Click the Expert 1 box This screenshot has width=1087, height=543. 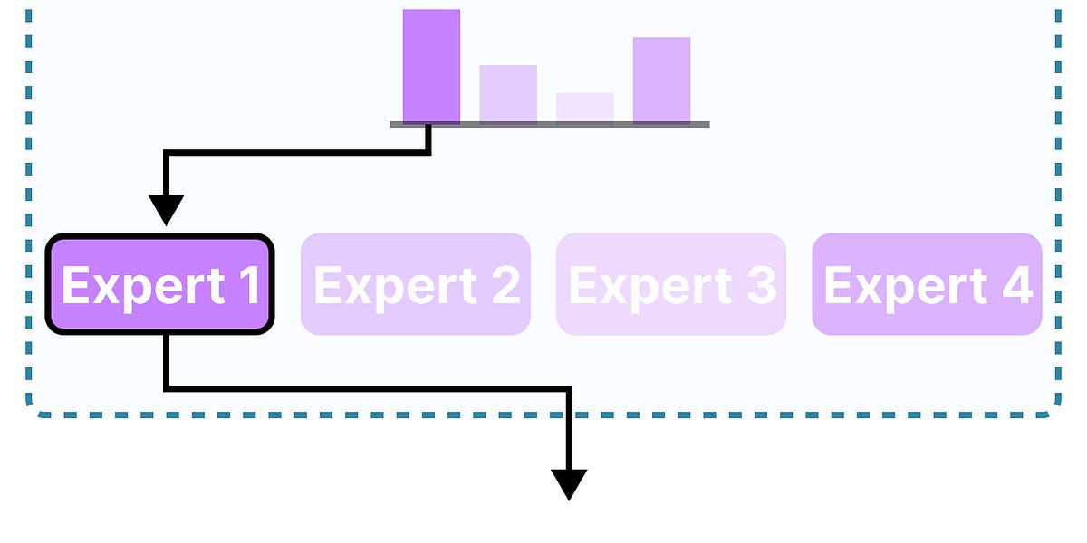pyautogui.click(x=159, y=284)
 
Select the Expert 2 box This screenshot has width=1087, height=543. pyautogui.click(x=415, y=284)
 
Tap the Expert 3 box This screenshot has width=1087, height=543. pyautogui.click(x=670, y=284)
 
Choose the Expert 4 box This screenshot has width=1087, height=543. pyautogui.click(x=927, y=284)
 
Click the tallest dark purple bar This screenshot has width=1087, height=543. pyautogui.click(x=431, y=65)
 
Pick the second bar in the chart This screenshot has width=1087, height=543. pyautogui.click(x=507, y=93)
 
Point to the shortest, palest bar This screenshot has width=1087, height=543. pyautogui.click(x=584, y=107)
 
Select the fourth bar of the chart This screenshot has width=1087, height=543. pyautogui.click(x=661, y=80)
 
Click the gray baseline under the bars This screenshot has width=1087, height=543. pyautogui.click(x=549, y=124)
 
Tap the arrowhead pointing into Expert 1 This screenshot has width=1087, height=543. pyautogui.click(x=166, y=210)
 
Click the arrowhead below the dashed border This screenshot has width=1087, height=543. pyautogui.click(x=569, y=484)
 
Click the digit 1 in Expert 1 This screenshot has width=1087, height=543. pyautogui.click(x=248, y=286)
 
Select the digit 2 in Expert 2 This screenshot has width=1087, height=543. pyautogui.click(x=505, y=286)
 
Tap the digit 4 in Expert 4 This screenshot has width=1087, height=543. pyautogui.click(x=1017, y=286)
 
